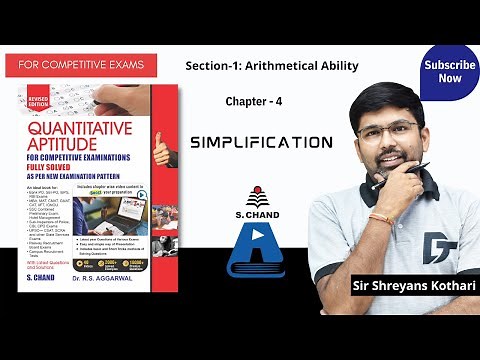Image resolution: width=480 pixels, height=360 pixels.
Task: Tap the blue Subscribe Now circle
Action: coord(449,71)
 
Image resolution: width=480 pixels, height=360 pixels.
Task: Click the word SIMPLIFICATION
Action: coord(261,143)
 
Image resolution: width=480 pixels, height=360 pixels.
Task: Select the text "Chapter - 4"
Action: coord(253,102)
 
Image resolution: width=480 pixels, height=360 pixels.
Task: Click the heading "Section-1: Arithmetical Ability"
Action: coord(272,65)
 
